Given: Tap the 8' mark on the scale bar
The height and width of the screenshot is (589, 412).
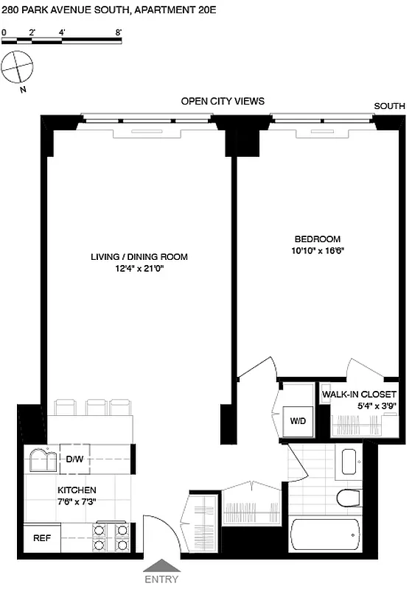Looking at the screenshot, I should click(x=119, y=32).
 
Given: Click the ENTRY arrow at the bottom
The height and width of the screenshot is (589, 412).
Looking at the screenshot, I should click(x=162, y=565).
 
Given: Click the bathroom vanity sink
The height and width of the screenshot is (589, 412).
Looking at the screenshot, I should click(x=349, y=461).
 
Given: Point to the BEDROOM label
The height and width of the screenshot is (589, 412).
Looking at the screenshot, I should click(x=318, y=239).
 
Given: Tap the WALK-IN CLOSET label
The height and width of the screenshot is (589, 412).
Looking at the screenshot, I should click(x=360, y=395).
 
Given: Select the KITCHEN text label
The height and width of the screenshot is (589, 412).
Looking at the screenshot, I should click(x=77, y=490).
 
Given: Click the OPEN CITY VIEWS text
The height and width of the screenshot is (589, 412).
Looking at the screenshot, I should click(x=223, y=101).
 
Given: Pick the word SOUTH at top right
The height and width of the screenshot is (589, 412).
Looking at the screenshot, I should click(x=390, y=106).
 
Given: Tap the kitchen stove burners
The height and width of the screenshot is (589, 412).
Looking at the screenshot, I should click(x=110, y=538).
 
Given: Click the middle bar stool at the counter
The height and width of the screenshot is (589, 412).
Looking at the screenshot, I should click(x=97, y=407).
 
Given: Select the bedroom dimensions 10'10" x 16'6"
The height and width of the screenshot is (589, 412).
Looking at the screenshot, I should click(x=318, y=250).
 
